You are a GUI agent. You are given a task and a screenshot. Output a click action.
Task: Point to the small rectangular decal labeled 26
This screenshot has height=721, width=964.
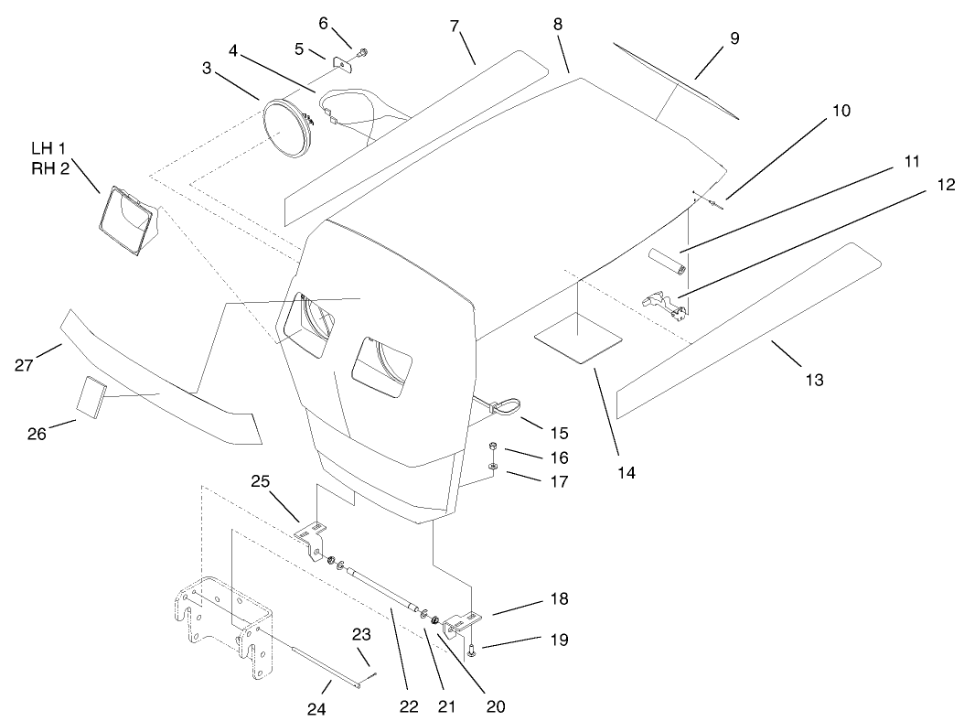pos(91,395)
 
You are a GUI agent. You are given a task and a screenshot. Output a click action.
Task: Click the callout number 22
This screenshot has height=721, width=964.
pos(408,705)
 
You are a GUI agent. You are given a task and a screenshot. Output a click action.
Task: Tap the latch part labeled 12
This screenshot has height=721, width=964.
pos(668,306)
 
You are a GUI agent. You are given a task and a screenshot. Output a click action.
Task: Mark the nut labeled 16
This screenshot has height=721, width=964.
pos(492,447)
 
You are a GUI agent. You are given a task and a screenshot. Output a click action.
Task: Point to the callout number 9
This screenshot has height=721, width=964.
pos(709,38)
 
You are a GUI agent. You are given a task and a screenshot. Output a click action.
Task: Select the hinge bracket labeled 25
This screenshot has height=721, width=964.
pos(312,535)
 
